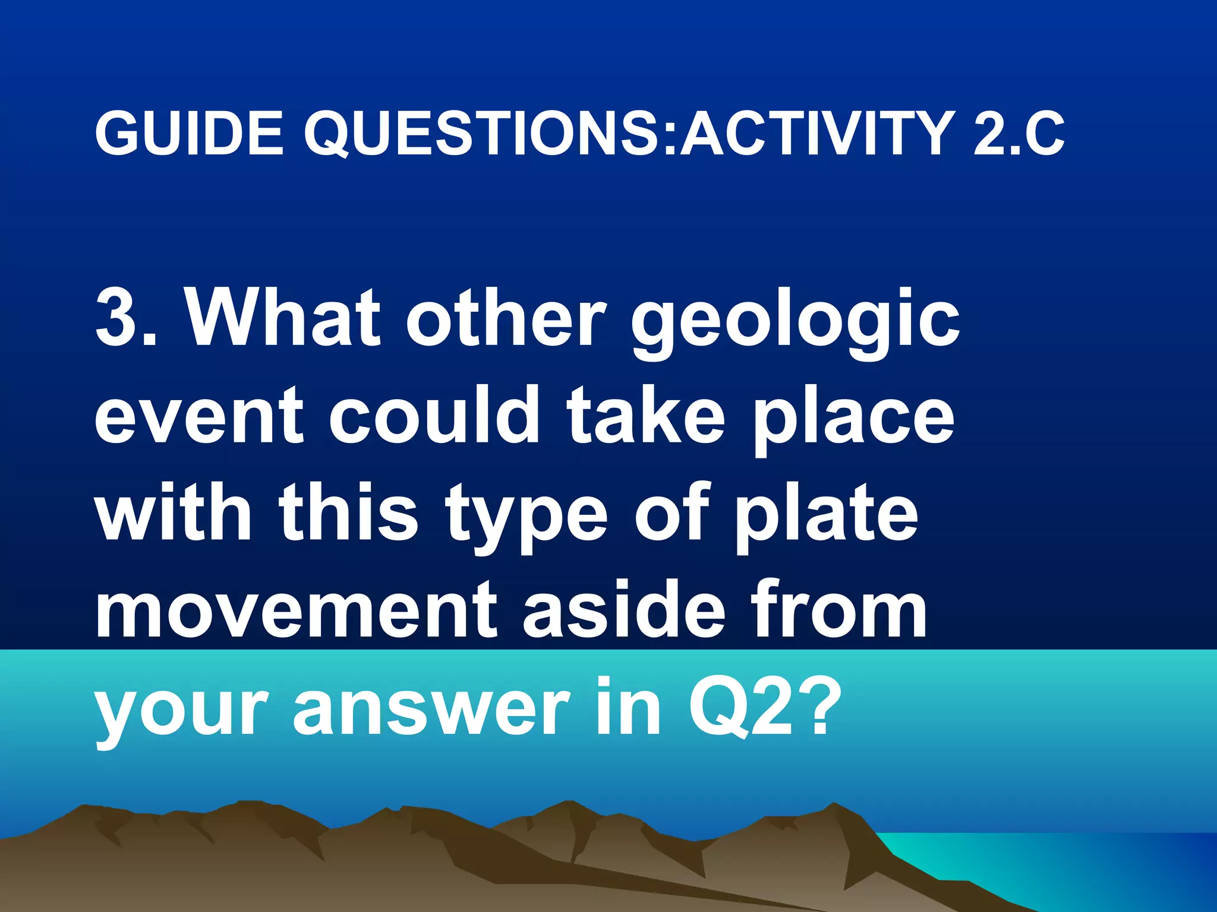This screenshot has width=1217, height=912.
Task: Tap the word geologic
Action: pos(795,324)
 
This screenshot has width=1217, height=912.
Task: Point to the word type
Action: pos(526,517)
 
